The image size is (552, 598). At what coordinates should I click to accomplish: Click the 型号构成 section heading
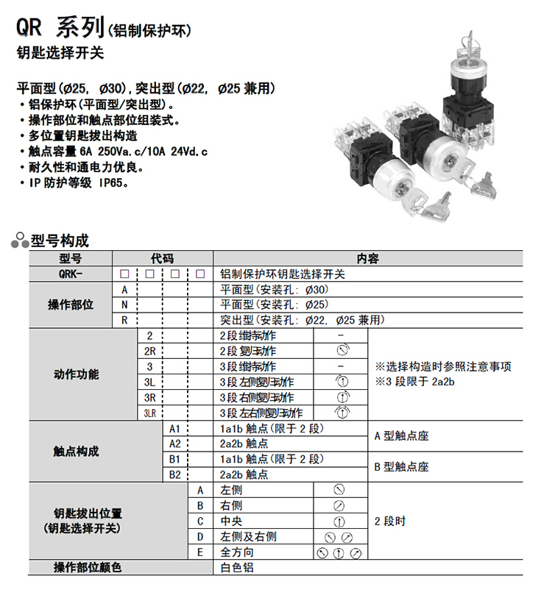point(60,241)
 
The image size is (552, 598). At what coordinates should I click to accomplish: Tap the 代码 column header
point(162,259)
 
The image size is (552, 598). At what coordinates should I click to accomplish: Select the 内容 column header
point(367,259)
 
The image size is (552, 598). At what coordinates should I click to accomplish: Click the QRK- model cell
point(71,274)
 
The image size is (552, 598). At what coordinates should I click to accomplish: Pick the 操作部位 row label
point(71,305)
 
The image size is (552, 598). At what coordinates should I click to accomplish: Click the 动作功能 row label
point(76,374)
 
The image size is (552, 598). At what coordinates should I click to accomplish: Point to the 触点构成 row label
point(76,451)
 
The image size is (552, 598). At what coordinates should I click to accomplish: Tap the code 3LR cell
point(149,413)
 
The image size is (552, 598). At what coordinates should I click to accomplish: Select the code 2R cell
point(149,351)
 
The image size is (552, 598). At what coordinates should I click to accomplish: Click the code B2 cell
point(175,474)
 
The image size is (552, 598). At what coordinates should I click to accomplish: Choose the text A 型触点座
point(401,435)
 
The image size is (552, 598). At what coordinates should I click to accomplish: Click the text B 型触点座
point(401,466)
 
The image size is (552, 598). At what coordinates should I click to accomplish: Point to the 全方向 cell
point(237,552)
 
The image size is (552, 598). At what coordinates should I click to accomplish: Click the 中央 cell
point(231,521)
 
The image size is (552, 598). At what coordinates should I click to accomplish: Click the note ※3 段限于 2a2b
point(416,381)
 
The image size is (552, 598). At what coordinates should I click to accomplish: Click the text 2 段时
point(390,521)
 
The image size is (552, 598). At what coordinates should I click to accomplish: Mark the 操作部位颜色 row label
point(87,567)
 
